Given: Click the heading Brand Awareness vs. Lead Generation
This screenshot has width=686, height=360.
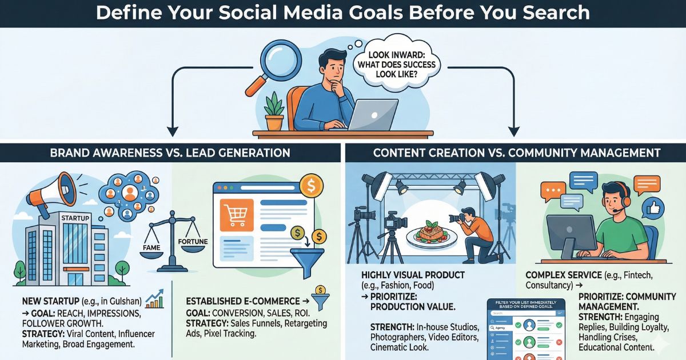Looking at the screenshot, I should click(170, 153).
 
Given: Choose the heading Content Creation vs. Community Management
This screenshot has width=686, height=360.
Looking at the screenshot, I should click(517, 153).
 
